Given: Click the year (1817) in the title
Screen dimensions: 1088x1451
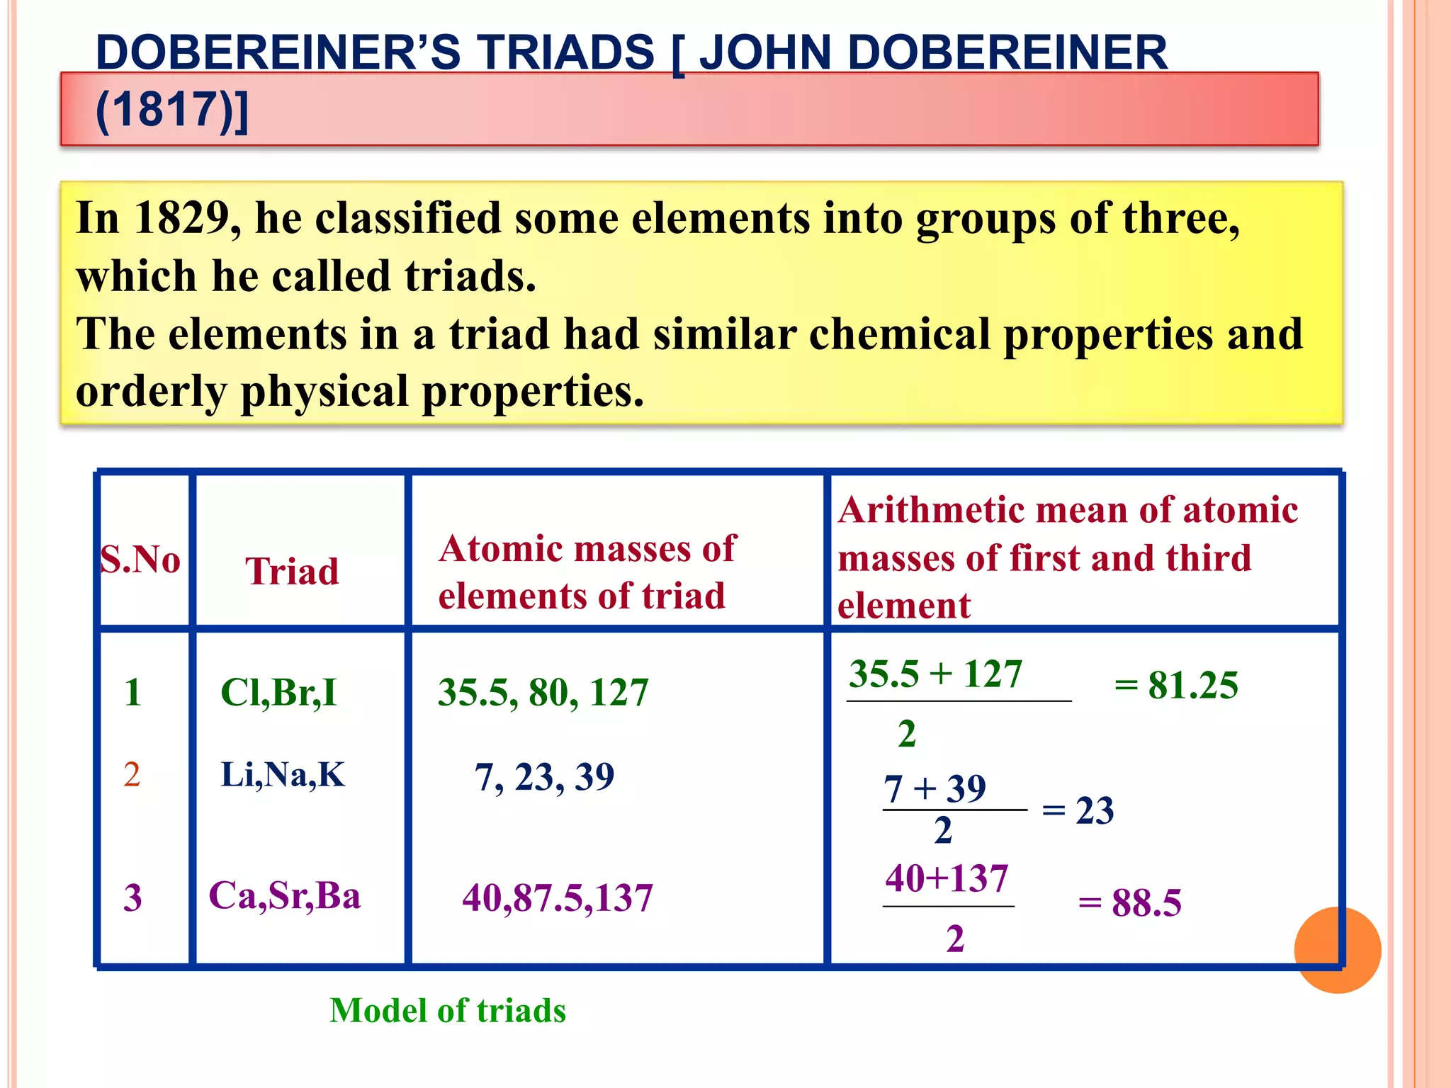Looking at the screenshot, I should click(172, 110).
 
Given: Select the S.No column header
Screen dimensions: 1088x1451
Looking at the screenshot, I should click(140, 560).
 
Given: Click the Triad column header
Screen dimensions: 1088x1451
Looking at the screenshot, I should click(292, 571).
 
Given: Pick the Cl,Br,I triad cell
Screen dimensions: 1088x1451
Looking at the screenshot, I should click(278, 692).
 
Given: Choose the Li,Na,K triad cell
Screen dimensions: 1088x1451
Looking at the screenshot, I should click(283, 774).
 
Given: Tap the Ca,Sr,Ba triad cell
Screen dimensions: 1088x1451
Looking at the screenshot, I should click(285, 895).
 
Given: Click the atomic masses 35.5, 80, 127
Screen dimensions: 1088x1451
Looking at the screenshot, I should click(543, 692).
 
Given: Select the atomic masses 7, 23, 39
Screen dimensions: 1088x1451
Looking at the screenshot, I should click(544, 777).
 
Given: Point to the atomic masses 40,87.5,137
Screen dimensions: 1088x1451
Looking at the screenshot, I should click(558, 897).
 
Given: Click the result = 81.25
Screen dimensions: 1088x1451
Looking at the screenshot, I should click(1176, 685).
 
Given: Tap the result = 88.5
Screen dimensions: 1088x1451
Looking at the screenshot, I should click(1130, 902).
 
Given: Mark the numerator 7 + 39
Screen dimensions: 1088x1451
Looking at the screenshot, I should click(935, 788).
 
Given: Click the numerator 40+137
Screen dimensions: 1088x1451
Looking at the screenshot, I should click(947, 878).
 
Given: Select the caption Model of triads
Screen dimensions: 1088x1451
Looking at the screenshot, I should click(448, 1010).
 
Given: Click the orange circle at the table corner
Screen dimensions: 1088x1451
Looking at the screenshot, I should click(1337, 950).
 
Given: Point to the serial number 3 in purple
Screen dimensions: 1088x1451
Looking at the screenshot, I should click(132, 897).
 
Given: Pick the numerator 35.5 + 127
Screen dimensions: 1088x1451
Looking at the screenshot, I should click(935, 674).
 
